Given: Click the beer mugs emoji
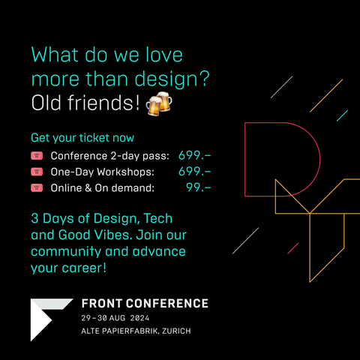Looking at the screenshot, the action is pos(159,103).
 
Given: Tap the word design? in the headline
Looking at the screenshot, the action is pos(172,79).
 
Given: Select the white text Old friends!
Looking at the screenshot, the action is pos(85,103).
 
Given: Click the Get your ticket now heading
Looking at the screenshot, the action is pos(82,138).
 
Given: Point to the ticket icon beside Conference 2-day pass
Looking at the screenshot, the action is pos(37,156).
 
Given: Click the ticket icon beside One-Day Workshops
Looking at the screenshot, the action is pos(37,172).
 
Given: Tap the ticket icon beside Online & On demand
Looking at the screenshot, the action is pos(37,187).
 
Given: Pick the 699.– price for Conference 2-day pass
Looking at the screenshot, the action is pos(195,155).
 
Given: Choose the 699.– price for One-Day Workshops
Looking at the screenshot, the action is pos(195,172).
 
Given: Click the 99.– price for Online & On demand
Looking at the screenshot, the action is pos(199,187).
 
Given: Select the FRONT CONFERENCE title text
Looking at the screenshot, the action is pos(145,304).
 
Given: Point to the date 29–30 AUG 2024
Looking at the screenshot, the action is pos(115,318).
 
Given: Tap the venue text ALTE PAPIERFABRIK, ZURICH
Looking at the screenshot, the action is pos(136,331).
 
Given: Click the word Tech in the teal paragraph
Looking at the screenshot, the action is pos(158,218).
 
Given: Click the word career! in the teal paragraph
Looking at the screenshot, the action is pos(84,268).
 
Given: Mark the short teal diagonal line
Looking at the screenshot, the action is pos(342,115).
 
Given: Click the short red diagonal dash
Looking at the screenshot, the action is pos(293,248).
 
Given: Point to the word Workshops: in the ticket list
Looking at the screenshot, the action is pos(125,172).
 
